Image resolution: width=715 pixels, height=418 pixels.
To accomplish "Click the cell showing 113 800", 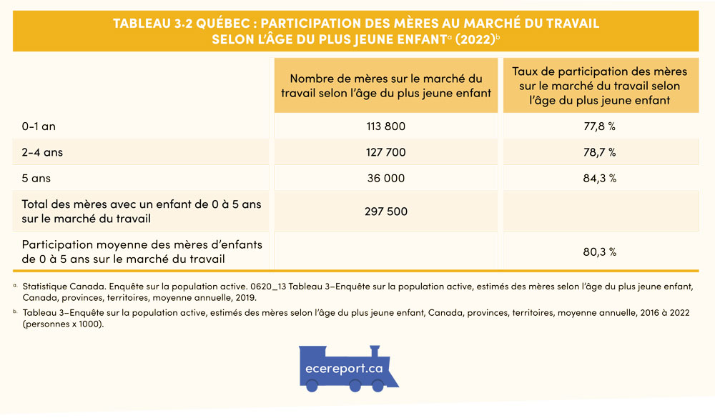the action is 385,126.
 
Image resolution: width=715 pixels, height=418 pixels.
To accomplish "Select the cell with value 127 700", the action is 385,152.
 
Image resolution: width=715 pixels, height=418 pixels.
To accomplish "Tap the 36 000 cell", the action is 385,178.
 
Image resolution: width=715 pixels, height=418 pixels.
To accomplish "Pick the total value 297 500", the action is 385,212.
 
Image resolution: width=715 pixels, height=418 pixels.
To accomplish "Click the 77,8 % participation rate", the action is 599,126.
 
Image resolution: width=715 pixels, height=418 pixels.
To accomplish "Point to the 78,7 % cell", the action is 599,152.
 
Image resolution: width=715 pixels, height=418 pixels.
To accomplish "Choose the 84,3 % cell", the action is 599,178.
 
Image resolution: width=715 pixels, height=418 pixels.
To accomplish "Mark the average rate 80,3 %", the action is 599,252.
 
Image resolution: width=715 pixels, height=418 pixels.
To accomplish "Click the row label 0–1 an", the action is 39,126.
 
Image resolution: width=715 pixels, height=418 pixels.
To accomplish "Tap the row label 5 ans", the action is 36,178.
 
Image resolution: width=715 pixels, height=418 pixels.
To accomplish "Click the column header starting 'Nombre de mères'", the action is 385,85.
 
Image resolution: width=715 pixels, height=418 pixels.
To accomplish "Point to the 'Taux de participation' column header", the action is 599,85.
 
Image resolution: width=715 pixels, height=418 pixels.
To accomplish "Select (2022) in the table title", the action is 474,39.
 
